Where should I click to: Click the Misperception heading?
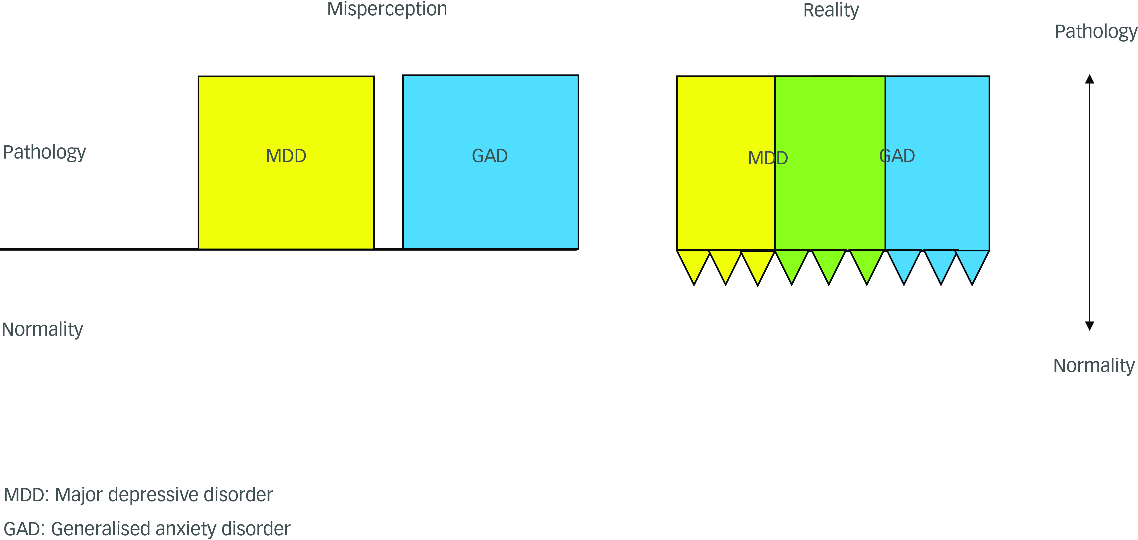click(x=387, y=10)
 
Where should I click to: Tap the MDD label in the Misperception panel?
click(x=286, y=156)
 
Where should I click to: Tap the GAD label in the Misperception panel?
click(x=490, y=156)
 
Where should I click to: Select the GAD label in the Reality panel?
click(x=897, y=156)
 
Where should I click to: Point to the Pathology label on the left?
click(x=44, y=152)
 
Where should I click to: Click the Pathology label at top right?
click(x=1096, y=32)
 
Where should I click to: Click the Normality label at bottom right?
click(x=1094, y=366)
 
